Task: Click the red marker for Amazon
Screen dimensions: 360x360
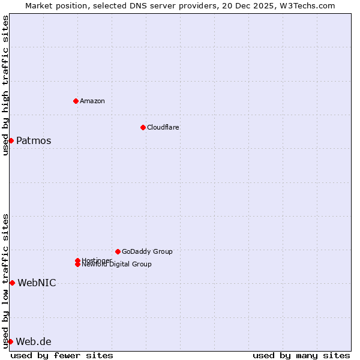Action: click(76, 101)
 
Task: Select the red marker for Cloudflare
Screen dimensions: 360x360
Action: click(143, 127)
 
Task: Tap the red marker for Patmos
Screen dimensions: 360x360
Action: click(11, 140)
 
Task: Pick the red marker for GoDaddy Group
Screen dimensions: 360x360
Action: click(118, 251)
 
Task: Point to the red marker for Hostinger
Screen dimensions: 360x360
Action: click(77, 260)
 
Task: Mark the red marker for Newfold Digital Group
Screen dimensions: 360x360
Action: click(77, 265)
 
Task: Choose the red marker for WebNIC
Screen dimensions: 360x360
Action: click(12, 283)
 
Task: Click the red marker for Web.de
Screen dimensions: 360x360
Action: click(10, 341)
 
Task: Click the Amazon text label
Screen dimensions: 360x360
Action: click(92, 101)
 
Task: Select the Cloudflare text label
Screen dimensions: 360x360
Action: click(163, 127)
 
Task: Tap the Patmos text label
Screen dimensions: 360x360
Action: click(34, 141)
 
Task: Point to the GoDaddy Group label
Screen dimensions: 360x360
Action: click(147, 251)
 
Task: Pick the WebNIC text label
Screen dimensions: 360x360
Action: click(37, 283)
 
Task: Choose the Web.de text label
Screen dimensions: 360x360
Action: click(34, 342)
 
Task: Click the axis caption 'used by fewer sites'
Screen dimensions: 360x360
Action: click(62, 355)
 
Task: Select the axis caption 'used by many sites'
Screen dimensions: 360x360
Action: click(301, 355)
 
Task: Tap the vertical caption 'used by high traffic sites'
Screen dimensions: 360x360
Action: click(5, 85)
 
